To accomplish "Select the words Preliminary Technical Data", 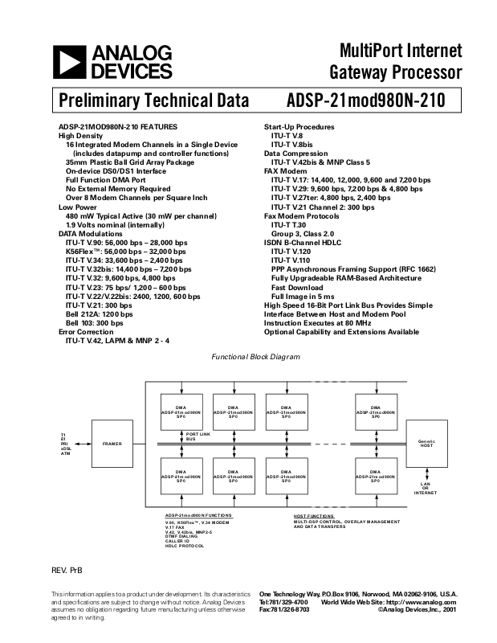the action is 147,102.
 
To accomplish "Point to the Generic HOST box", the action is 426,444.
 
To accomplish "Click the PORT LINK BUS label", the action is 198,437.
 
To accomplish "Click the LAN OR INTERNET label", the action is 426,488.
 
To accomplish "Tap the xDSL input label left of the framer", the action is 65,448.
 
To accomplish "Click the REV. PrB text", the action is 67,571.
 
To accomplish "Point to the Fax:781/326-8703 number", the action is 284,610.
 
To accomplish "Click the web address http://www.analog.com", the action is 416,601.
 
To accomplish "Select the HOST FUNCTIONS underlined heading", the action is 314,515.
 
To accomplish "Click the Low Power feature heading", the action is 77,207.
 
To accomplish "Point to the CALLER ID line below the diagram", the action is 177,541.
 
